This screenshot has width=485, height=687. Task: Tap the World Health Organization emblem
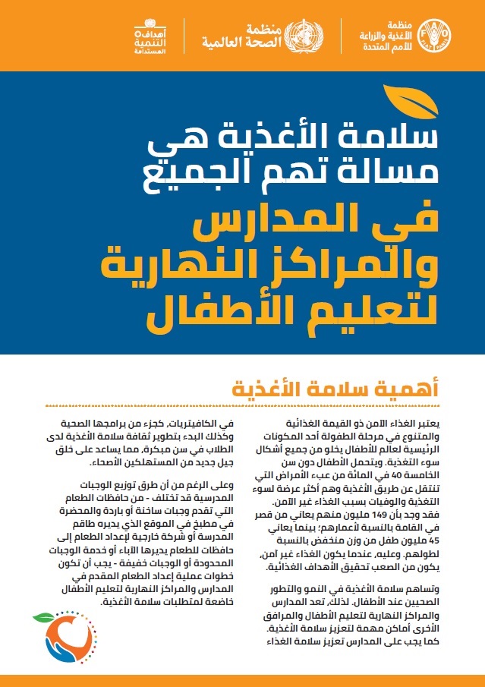pyautogui.click(x=308, y=35)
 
